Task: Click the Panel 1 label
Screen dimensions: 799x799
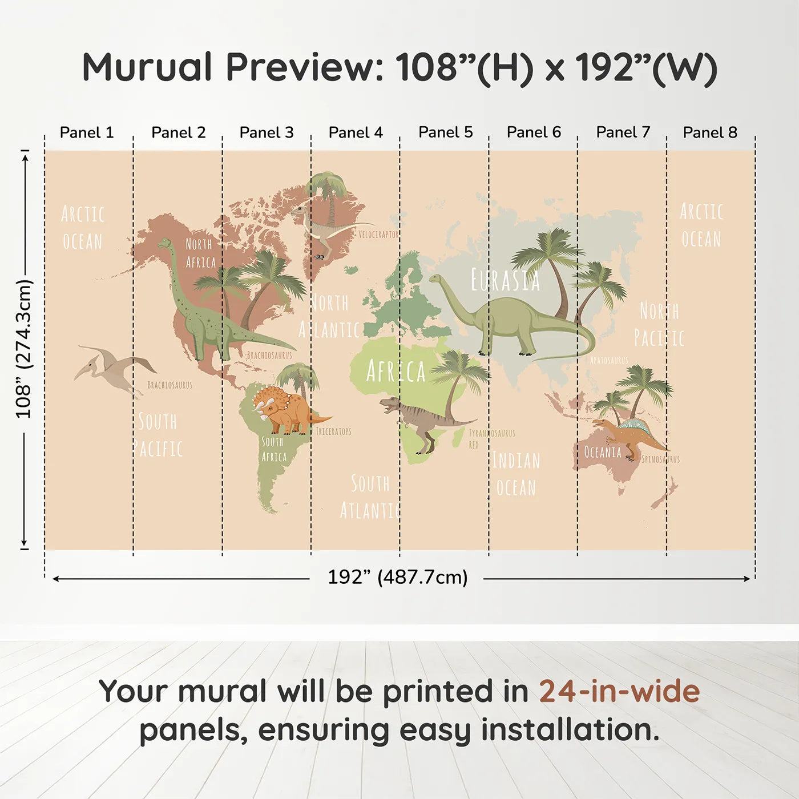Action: (87, 132)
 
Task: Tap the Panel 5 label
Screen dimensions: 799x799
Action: (446, 132)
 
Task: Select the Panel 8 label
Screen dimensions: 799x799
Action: (710, 132)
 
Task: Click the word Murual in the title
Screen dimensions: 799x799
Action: (147, 67)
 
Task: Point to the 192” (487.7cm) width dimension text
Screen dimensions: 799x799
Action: (397, 577)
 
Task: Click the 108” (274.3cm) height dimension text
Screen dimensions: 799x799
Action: (24, 349)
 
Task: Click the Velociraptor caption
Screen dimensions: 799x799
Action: (378, 235)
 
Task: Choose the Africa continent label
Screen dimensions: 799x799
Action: (396, 372)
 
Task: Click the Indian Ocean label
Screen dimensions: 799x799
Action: (516, 474)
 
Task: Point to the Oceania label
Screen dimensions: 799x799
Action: (603, 453)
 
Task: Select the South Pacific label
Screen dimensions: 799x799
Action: (158, 435)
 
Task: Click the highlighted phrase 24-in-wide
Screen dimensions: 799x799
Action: (619, 692)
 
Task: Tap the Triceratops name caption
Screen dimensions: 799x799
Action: (334, 431)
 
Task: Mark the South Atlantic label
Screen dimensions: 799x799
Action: (370, 497)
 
